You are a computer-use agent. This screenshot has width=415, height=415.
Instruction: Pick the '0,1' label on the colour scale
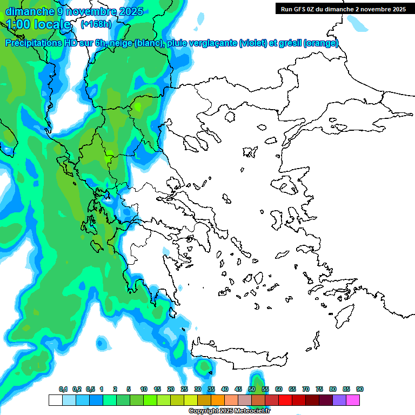(63, 389)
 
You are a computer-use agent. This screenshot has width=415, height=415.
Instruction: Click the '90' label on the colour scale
(359, 389)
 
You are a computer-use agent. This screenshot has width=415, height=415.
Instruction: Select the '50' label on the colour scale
(252, 389)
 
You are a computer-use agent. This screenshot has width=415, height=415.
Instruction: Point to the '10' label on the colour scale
(144, 389)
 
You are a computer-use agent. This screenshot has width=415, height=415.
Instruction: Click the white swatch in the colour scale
(55, 400)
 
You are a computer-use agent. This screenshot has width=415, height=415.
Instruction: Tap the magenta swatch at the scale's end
(353, 400)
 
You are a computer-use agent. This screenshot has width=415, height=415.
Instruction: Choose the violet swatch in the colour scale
(339, 400)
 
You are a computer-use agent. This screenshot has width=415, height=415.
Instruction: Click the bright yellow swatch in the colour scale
(190, 400)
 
